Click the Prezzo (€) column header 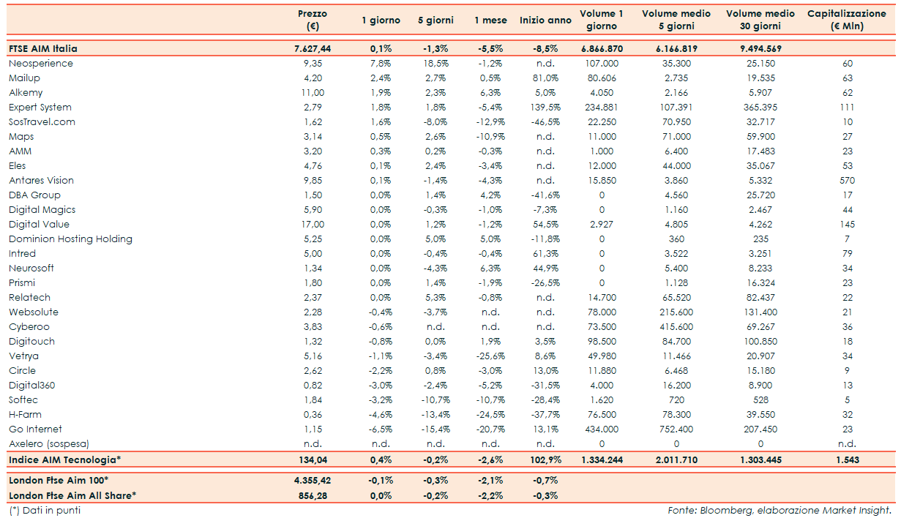[x=313, y=20]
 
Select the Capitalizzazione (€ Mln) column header [x=847, y=20]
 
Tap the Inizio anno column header [x=545, y=20]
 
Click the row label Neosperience [x=41, y=64]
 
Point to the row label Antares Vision [x=41, y=181]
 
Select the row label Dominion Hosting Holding [x=70, y=239]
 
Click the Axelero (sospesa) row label [x=50, y=444]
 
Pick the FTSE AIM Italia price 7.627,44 [x=313, y=49]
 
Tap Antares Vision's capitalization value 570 [x=847, y=181]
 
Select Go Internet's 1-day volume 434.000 [x=601, y=429]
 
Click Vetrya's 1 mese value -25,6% [x=490, y=356]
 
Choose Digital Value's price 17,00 [x=313, y=225]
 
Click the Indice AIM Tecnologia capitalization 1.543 [x=847, y=459]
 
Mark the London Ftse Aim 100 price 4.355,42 [x=313, y=481]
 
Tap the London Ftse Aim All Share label [x=72, y=495]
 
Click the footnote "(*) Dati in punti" [x=45, y=510]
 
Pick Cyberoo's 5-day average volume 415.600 [x=676, y=327]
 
